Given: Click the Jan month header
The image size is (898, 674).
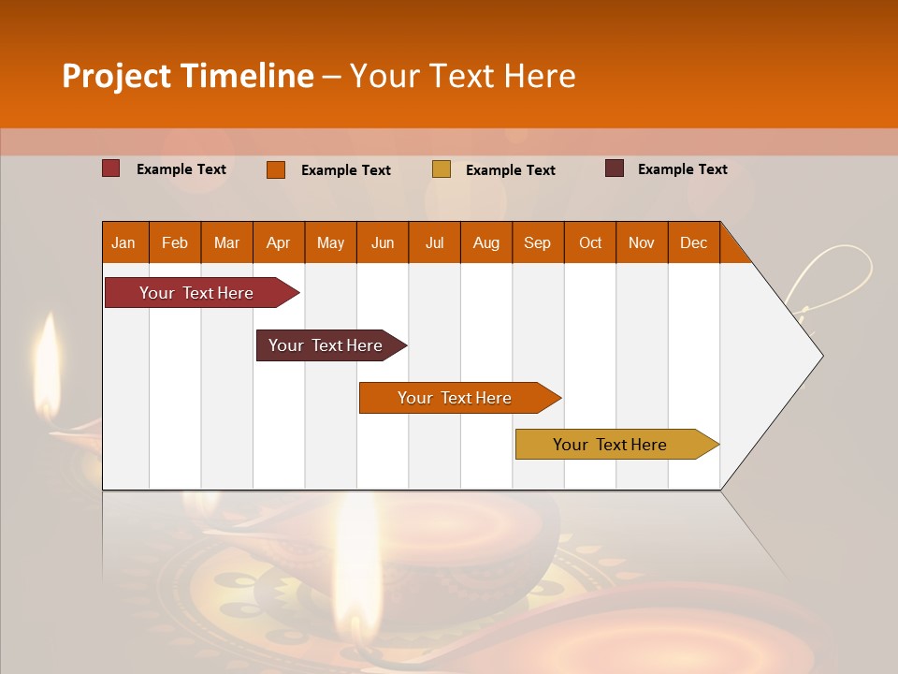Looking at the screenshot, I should point(123,242).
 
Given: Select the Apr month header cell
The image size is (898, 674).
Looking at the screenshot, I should point(278,242).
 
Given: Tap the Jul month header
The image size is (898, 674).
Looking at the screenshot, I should point(434,242).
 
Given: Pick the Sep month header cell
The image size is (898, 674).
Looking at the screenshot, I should point(537,242).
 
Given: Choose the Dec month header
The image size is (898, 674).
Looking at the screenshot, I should point(693,242).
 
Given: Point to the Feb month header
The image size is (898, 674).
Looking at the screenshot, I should point(175,242).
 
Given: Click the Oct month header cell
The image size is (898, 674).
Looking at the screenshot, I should point(590,242).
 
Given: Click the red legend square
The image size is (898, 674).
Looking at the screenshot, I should point(110,168).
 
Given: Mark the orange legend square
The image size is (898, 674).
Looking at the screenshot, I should point(276,169).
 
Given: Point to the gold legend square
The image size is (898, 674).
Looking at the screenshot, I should point(442,169).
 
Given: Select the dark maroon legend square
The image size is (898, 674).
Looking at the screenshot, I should point(615,168).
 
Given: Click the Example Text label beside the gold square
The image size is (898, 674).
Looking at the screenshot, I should point(510,170).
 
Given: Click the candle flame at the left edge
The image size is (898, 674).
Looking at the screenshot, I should point(48,360).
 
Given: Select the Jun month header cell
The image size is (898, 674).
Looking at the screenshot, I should point(383,242).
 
